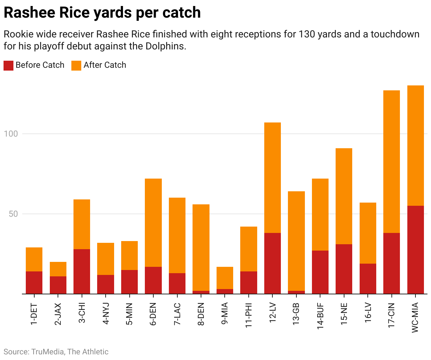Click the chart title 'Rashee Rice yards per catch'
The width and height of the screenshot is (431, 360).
pos(102,13)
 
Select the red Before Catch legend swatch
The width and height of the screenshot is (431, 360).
pos(8,65)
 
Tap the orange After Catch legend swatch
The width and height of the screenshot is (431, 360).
pos(76,65)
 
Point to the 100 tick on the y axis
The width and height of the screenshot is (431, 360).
pos(11,134)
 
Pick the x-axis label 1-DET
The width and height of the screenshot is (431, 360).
pos(34,314)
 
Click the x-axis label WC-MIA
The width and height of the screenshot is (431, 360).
pos(415,317)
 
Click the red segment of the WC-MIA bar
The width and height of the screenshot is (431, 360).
pos(415,250)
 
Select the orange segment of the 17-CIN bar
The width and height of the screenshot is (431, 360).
pos(391,161)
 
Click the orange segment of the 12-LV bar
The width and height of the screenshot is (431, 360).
pos(272,178)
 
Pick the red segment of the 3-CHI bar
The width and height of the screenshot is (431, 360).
pos(82,271)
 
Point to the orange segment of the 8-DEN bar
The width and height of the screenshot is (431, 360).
pos(201,247)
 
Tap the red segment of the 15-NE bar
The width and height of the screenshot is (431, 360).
pos(344,269)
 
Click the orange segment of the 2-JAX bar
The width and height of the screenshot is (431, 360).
pos(58,269)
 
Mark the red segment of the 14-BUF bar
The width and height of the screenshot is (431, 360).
pos(320,272)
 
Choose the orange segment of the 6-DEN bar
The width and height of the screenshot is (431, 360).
pos(153,222)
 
